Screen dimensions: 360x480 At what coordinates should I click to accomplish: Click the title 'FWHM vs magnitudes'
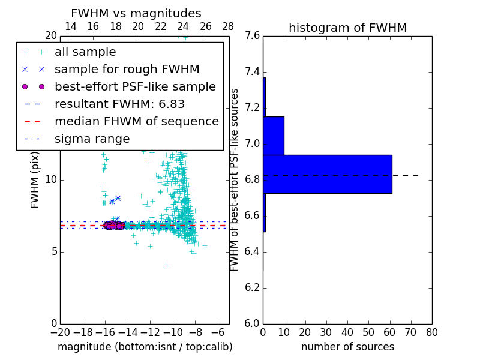136,14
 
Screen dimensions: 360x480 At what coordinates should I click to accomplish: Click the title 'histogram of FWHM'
347,28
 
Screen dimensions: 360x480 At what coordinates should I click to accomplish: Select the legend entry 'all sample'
85,52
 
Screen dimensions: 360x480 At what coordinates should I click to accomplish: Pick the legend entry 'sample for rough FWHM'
127,69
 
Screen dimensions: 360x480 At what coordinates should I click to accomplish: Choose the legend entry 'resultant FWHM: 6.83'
119,104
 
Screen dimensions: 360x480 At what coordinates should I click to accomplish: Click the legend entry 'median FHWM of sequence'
136,121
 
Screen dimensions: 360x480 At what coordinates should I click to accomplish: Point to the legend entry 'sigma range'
92,139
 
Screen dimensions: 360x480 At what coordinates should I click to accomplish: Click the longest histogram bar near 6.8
328,174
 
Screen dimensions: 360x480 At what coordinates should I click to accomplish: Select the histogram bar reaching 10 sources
274,136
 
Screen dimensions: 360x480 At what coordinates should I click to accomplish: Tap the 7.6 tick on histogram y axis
253,36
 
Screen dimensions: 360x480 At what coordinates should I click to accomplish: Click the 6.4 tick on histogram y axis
253,252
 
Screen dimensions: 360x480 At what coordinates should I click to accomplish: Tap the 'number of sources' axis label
347,347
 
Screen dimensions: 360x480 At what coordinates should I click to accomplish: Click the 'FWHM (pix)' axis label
35,179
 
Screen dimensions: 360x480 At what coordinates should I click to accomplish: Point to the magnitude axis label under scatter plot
145,347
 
